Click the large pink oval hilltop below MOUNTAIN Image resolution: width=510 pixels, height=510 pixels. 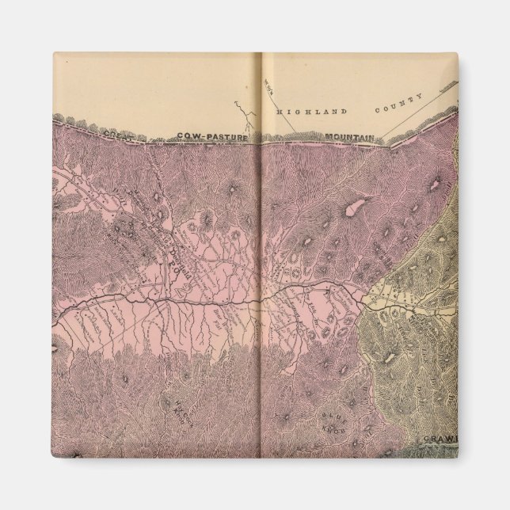coord(353,211)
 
